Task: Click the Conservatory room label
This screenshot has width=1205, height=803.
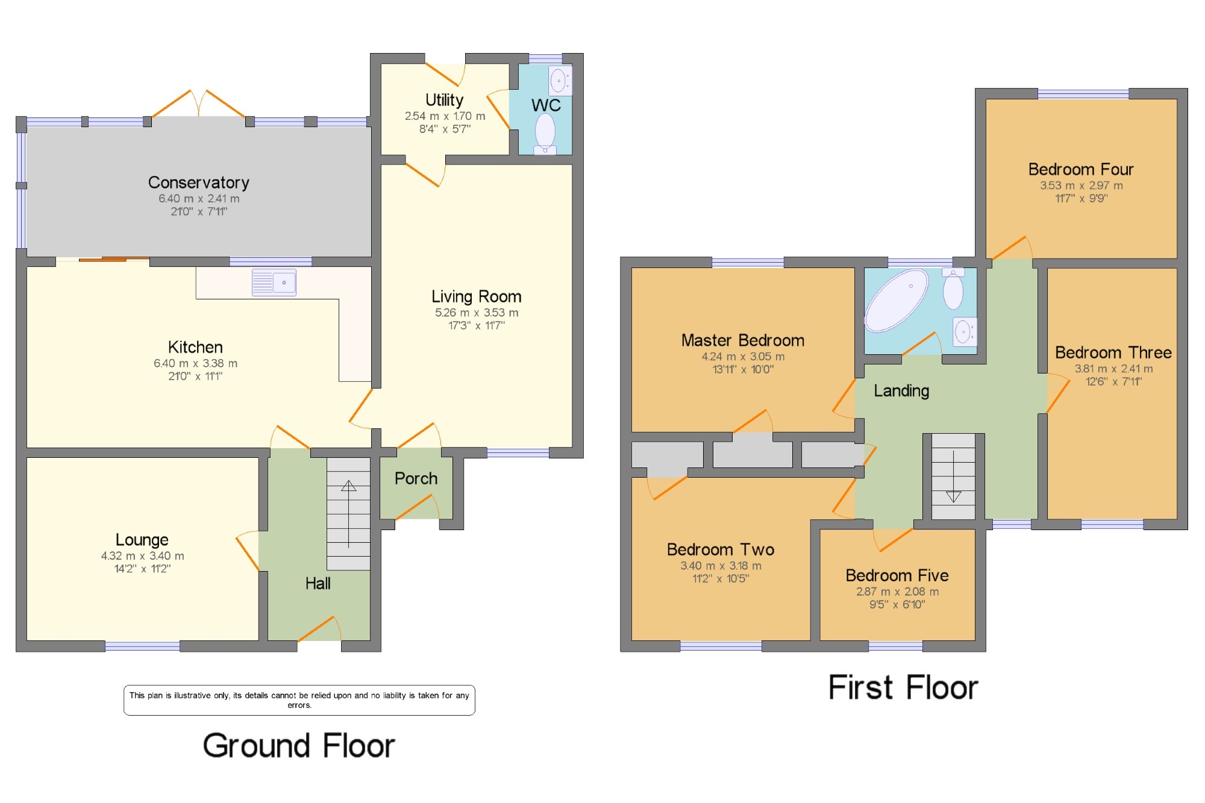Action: coord(199,183)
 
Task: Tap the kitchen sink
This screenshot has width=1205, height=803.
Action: coord(274,283)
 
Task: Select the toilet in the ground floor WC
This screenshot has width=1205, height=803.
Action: coord(545,133)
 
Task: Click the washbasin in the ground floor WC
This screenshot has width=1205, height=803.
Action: coord(560,80)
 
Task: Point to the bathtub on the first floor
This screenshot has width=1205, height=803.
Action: coord(897,300)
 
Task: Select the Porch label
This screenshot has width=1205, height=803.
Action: coord(416,478)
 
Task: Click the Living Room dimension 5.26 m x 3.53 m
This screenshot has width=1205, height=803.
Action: coord(477,313)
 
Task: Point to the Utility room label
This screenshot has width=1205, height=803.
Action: coord(445,100)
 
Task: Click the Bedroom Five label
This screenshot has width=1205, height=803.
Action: coord(897,575)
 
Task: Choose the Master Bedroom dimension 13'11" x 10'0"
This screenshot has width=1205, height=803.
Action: coord(743,369)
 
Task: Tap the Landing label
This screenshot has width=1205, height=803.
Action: coord(901,391)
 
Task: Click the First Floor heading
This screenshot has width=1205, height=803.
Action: coord(903,687)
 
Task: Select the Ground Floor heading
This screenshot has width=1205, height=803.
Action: coord(299,746)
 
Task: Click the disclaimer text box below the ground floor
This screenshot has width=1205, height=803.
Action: coord(299,700)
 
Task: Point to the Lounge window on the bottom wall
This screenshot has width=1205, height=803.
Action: coord(142,646)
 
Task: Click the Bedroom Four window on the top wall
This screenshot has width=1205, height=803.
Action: coord(1083,93)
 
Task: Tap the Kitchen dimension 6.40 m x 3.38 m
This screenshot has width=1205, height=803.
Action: coord(195,363)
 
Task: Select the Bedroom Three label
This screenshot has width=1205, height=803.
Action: coord(1113,352)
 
